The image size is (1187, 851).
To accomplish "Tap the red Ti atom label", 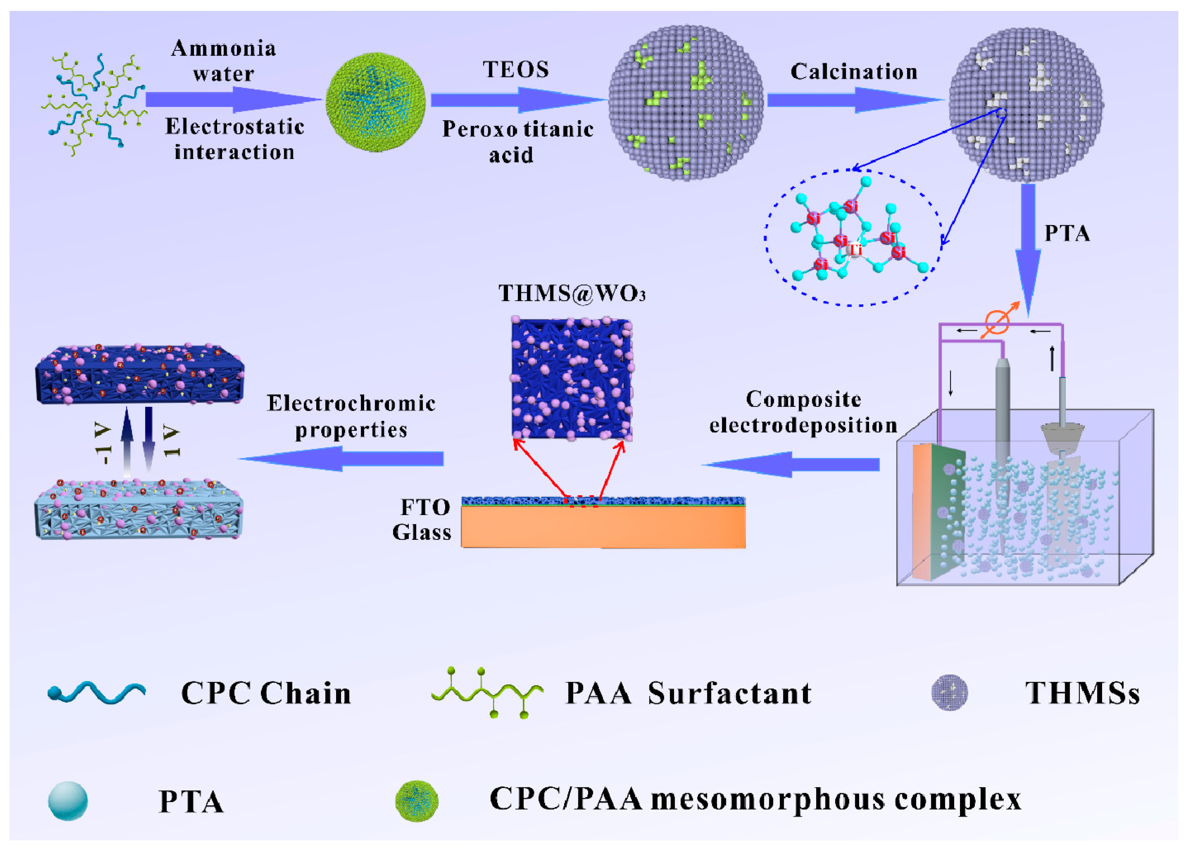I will coord(855,250).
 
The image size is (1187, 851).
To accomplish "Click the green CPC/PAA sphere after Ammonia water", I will coord(375,102).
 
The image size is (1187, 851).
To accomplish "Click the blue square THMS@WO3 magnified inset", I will coord(571,378).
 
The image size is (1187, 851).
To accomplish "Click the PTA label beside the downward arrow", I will coord(1067,234).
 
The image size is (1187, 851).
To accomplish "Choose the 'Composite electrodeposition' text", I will coord(803,412).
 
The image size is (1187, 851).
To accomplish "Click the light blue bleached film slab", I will coord(139,510).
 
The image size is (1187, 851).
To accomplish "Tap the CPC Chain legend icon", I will coord(97,693).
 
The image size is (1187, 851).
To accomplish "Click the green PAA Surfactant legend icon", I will coord(487,692).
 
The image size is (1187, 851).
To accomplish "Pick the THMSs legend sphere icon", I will coord(949,692).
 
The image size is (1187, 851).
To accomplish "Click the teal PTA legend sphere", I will coord(68,801).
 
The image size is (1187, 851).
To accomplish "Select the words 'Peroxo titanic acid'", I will coord(517,142).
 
